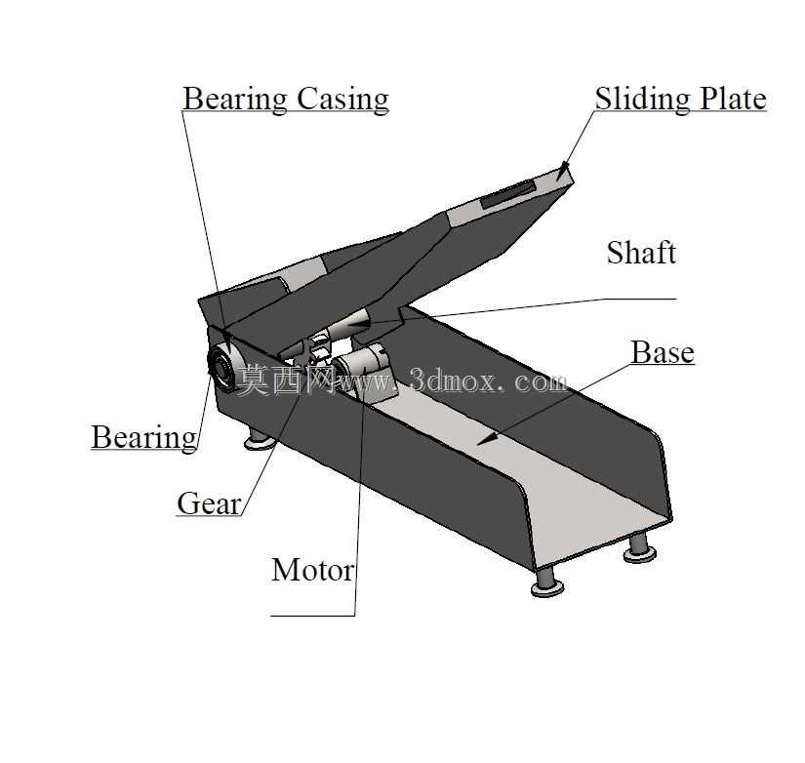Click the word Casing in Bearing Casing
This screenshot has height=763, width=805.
point(342,100)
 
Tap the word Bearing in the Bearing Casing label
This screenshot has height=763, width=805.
point(235,100)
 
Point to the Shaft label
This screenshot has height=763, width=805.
point(641,252)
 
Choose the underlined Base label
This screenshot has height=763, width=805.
point(663,352)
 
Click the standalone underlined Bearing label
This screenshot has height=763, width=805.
point(144,438)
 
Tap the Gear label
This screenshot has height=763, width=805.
point(209,503)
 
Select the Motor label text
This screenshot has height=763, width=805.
point(312,570)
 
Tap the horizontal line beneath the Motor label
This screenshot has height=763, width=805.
point(312,615)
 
